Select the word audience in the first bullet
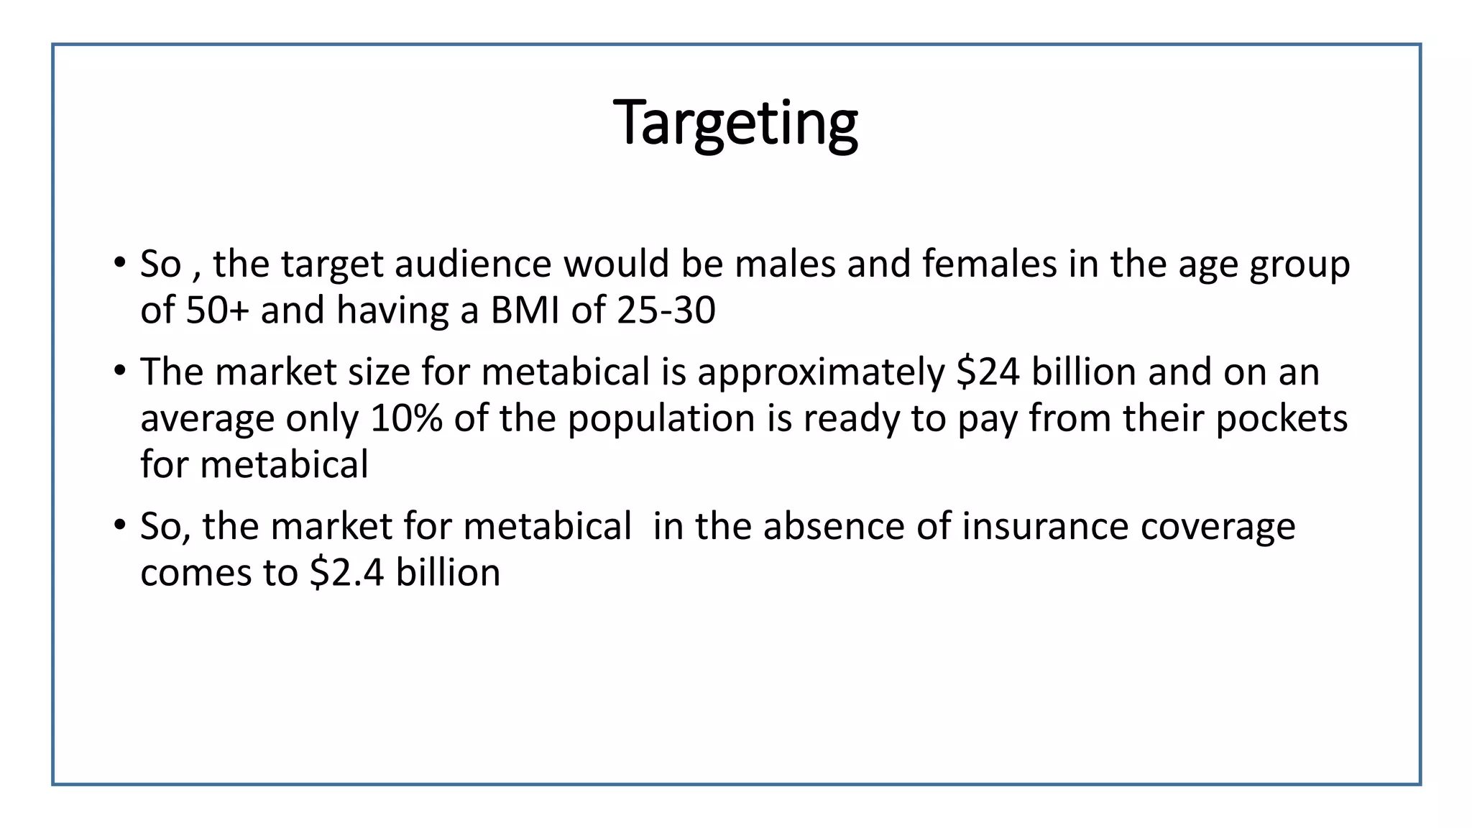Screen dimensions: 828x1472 (x=472, y=264)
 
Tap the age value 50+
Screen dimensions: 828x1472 (x=217, y=310)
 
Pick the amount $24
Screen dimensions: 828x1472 (x=988, y=372)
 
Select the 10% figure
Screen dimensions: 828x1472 (x=406, y=418)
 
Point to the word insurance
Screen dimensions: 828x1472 (x=1045, y=526)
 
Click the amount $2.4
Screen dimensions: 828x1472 (x=347, y=573)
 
